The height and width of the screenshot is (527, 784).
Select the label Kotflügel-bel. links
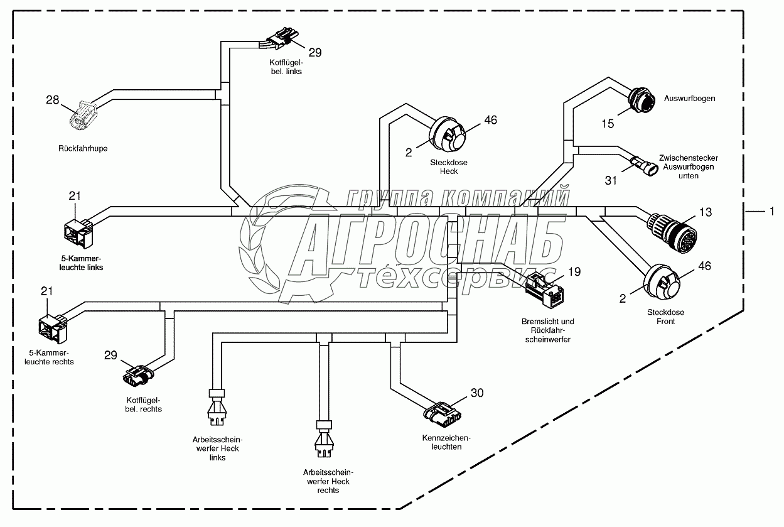(x=285, y=67)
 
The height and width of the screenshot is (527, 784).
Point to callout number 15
(x=608, y=124)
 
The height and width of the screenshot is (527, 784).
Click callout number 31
(x=611, y=181)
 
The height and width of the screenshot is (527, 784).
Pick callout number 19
(x=574, y=272)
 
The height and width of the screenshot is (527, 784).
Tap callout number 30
(x=477, y=393)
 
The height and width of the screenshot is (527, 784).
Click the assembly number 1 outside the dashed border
(x=771, y=212)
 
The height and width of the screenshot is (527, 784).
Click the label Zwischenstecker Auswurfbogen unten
(x=688, y=167)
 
